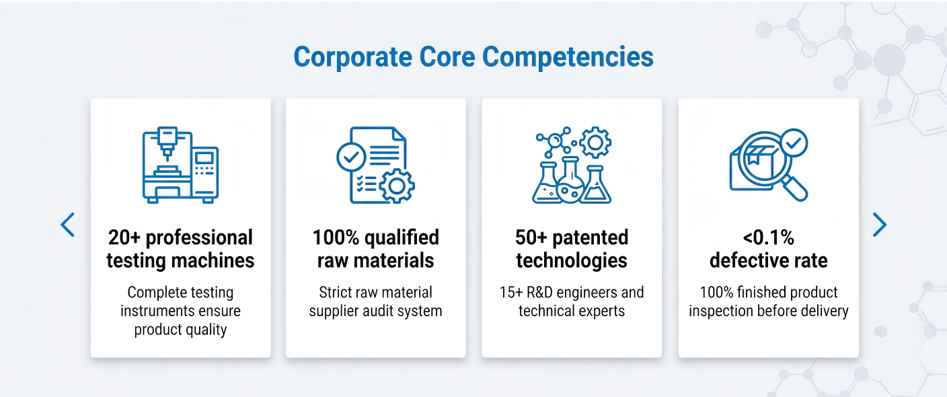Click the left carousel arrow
point(67,225)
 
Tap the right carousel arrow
point(880,225)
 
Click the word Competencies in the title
point(568,57)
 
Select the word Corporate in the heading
point(352,57)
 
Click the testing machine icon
point(180,165)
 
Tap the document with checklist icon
point(375,165)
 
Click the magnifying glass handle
point(795,188)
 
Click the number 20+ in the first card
point(124,238)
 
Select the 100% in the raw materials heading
point(336,238)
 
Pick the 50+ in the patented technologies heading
point(531,238)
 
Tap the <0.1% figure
point(769,238)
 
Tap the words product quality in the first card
point(180,330)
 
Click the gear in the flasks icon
point(595,143)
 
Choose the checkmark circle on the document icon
point(351,157)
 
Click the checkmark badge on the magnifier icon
point(794,143)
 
